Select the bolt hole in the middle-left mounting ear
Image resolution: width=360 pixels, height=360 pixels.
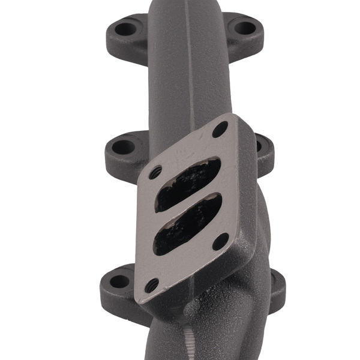[122, 146]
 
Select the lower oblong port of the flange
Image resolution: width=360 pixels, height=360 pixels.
[187, 226]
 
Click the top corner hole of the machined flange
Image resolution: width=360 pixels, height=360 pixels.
[221, 128]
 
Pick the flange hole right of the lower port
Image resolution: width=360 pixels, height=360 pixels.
[221, 241]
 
